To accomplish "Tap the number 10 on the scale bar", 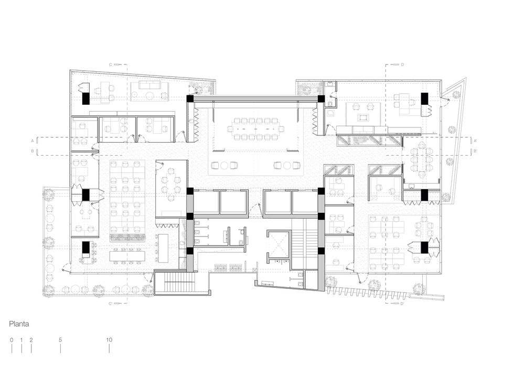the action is pos(109,340).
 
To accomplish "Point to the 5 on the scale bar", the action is pos(60,340).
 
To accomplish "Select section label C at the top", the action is pos(111,64).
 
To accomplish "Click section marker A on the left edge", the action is pos(33,141).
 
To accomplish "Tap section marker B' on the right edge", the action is pos(475,151).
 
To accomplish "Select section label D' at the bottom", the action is pos(402,304).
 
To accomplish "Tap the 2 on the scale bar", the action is pos(31,340).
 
